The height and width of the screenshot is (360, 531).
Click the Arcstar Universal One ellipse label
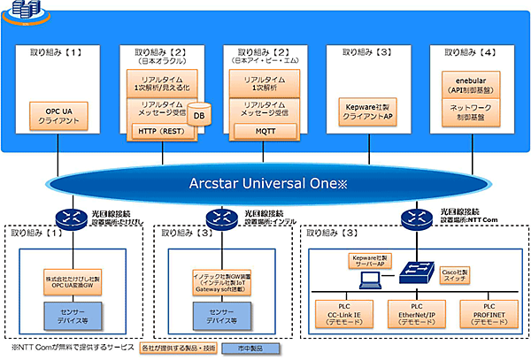click(265, 186)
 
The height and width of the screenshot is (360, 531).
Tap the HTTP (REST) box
click(163, 131)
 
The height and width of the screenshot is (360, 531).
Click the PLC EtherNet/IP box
click(416, 312)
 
